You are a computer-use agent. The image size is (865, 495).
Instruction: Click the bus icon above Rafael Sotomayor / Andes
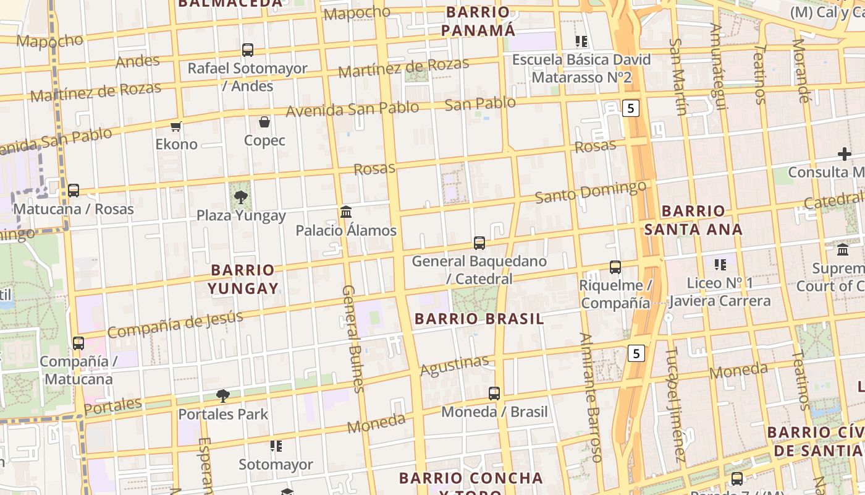click(x=247, y=50)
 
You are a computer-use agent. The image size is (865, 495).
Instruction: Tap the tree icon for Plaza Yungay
click(x=240, y=198)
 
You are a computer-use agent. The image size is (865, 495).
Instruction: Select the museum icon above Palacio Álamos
click(x=346, y=212)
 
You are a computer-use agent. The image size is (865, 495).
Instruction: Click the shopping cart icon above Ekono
click(x=176, y=127)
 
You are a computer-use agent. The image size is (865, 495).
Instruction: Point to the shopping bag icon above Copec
click(x=264, y=122)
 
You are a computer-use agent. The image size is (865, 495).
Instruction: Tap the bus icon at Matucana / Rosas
click(x=74, y=191)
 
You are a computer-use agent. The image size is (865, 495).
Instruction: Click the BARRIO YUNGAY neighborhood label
click(x=242, y=279)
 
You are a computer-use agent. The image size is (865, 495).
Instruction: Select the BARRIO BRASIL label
click(x=479, y=319)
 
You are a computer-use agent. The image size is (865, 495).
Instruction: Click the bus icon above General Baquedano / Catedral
click(x=479, y=243)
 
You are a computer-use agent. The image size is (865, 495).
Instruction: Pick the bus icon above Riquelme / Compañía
click(x=615, y=267)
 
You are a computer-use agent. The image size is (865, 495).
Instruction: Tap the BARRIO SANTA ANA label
click(x=693, y=220)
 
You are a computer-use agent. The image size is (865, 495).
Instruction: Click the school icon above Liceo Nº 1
click(x=720, y=265)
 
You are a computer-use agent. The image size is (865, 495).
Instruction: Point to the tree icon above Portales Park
click(x=223, y=396)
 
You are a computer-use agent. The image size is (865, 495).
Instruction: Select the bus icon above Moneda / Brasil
click(x=494, y=394)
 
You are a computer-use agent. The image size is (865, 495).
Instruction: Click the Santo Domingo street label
click(x=590, y=192)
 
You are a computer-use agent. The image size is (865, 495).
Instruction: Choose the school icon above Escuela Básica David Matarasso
click(x=581, y=41)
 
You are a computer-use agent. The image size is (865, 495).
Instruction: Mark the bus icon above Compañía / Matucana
click(x=78, y=343)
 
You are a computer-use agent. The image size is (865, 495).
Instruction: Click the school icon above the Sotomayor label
click(x=276, y=446)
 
